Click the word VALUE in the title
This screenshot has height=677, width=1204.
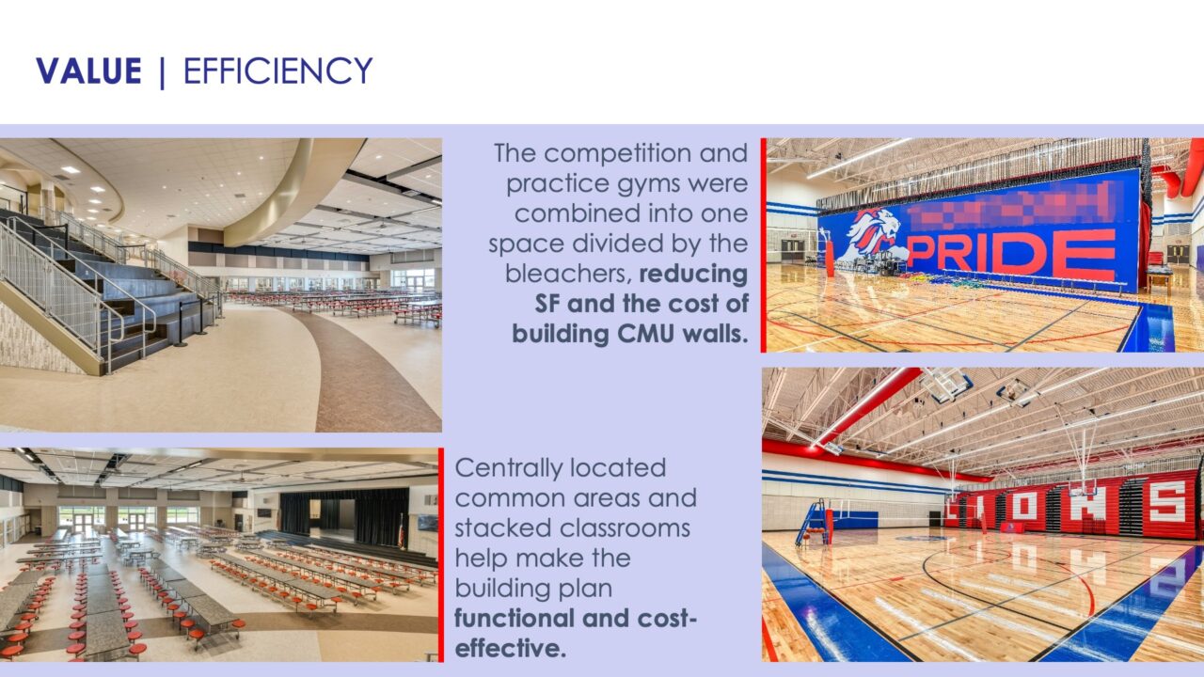point(88,71)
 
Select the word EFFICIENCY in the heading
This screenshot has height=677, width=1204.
point(277,71)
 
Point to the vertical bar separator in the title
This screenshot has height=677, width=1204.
point(162,73)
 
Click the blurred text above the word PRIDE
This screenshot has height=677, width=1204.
point(1016,205)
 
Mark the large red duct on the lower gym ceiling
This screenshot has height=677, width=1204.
point(870,404)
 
